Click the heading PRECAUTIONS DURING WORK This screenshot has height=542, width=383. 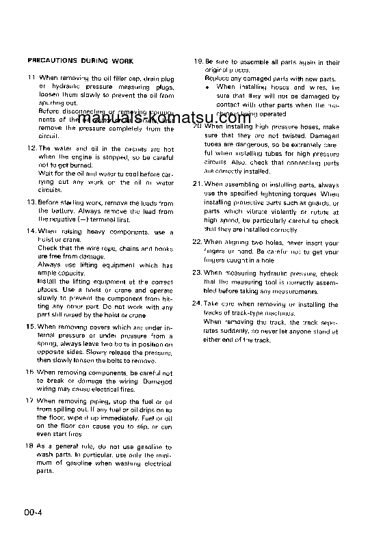click(x=80, y=62)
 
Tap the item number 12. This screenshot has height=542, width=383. click(x=31, y=148)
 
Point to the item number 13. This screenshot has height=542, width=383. click(x=31, y=202)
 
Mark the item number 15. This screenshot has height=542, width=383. click(x=31, y=327)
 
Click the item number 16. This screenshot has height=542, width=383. click(x=31, y=372)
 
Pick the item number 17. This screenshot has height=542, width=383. click(x=31, y=401)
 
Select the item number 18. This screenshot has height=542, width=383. click(x=31, y=446)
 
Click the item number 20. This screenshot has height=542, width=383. click(x=198, y=126)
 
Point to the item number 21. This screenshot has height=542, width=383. click(x=198, y=185)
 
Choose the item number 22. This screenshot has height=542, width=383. click(x=198, y=243)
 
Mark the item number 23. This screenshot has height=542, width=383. click(x=198, y=273)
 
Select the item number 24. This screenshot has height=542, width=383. click(x=198, y=303)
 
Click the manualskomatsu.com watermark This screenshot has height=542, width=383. click(x=190, y=118)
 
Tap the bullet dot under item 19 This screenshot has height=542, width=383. click(x=209, y=87)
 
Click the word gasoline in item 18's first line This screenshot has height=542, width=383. click(x=145, y=446)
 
